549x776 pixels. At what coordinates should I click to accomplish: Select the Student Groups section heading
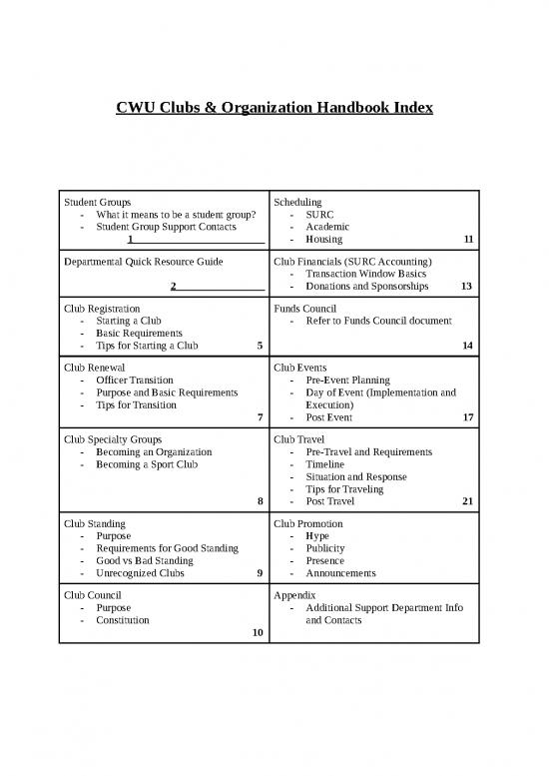[x=97, y=202]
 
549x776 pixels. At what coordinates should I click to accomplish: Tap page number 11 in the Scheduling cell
[x=467, y=240]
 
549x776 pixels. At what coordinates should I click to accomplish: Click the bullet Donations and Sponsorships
[x=367, y=287]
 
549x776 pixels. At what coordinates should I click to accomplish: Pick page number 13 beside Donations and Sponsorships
[x=467, y=287]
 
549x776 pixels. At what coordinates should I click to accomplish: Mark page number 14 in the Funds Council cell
[x=467, y=347]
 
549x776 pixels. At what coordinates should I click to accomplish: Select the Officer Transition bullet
[x=135, y=381]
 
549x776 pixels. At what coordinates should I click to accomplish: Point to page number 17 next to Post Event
[x=467, y=418]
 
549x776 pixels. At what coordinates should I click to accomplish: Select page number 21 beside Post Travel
[x=467, y=502]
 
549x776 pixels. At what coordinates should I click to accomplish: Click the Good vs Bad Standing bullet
[x=145, y=561]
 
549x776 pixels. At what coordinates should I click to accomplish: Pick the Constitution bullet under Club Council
[x=123, y=620]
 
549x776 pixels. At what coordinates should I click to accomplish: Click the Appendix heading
[x=295, y=595]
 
